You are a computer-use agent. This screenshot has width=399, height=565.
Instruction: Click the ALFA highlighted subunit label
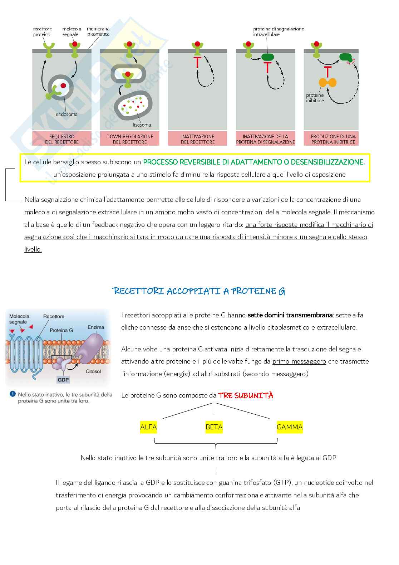coord(148,427)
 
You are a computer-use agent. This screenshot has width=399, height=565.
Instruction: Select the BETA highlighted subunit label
coord(214,427)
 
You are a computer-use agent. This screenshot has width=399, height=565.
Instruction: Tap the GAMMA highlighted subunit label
coord(290,427)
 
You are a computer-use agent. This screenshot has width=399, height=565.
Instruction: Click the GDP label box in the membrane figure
coord(63,379)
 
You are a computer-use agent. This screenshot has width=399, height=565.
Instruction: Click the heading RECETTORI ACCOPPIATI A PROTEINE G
coord(199,291)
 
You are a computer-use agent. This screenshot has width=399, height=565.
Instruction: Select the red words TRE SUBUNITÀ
coord(246,395)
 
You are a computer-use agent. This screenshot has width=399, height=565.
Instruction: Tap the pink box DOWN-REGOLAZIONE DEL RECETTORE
coord(129,139)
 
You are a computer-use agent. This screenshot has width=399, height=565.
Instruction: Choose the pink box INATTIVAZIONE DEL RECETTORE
coord(197,139)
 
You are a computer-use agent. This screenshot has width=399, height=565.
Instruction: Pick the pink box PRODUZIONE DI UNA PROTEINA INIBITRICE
coord(333,139)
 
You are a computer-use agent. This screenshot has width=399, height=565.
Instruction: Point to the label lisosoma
coord(142,125)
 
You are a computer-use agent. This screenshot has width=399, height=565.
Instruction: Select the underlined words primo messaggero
coord(299,361)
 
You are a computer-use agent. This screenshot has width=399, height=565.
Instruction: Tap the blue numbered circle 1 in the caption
coord(13,394)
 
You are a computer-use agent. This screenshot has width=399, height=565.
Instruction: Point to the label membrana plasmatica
coord(98,31)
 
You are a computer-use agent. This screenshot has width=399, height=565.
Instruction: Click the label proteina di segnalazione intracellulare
coord(279,31)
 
